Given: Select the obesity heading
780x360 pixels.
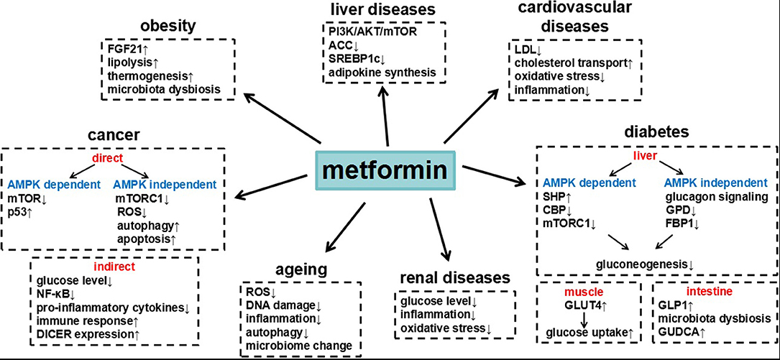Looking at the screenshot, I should click(168, 26).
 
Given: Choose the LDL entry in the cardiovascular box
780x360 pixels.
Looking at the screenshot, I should click(526, 50).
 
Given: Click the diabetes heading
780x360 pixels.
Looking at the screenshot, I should click(657, 131).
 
